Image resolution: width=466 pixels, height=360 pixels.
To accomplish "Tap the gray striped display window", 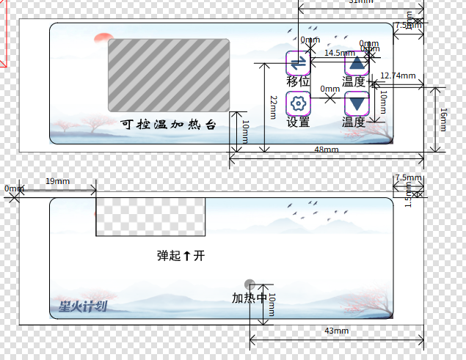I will point(168,75).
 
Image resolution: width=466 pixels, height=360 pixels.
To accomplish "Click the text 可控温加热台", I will point(168,125).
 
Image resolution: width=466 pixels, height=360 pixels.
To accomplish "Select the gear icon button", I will point(298,103).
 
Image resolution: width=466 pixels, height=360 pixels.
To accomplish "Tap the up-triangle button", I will point(357,64).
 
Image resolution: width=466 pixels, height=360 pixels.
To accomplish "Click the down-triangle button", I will point(356,103).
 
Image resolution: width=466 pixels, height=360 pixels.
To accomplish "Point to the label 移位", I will point(298,81).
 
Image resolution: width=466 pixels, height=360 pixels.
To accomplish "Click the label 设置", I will point(298,122).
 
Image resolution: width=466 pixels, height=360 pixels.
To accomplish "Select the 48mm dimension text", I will point(327,150).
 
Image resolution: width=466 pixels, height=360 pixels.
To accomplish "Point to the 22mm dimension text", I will point(272,107).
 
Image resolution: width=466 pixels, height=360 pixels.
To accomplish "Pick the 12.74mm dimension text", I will point(398,76).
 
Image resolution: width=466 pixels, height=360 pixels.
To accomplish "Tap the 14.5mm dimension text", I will point(339,53).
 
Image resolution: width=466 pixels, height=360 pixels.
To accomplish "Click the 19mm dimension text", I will point(58,181).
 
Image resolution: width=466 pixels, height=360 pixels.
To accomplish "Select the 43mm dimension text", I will point(336,331).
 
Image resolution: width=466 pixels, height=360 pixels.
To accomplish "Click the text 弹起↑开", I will point(181,256).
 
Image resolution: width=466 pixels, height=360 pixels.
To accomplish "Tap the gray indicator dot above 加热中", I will point(250,284).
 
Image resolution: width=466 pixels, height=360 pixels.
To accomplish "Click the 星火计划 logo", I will point(83,306).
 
